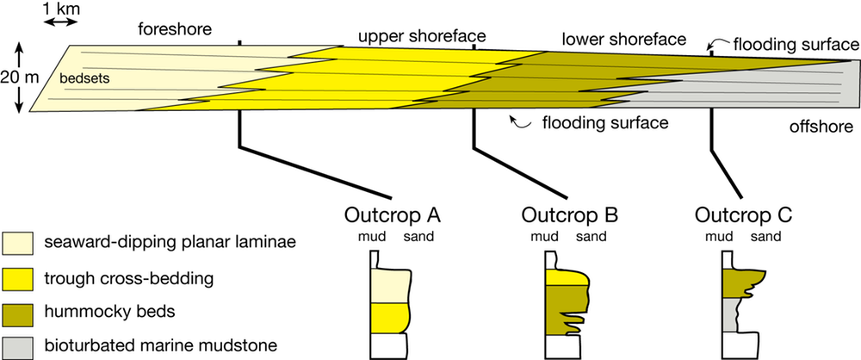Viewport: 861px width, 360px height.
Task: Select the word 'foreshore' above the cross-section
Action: point(175,30)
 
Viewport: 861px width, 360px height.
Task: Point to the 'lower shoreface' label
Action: point(623,40)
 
